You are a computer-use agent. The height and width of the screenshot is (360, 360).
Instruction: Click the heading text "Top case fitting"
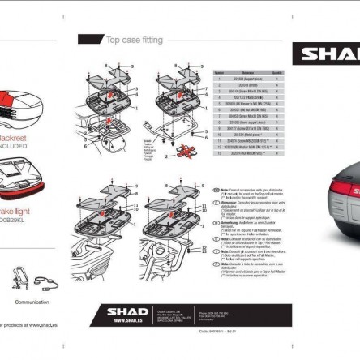134,39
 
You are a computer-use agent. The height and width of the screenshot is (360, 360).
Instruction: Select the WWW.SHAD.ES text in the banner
127,320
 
